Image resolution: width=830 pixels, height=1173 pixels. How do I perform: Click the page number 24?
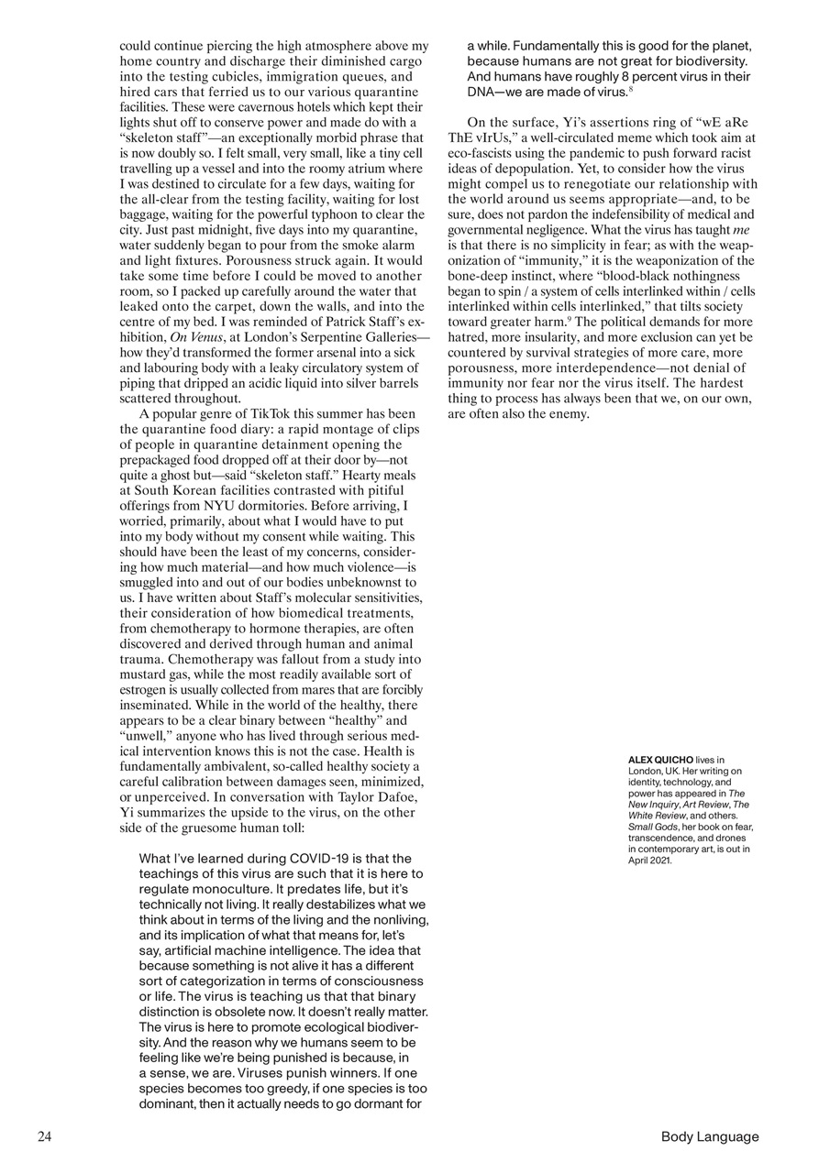point(44,1137)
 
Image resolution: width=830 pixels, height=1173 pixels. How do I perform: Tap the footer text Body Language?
point(710,1137)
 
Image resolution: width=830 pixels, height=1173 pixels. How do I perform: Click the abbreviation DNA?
point(482,92)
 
